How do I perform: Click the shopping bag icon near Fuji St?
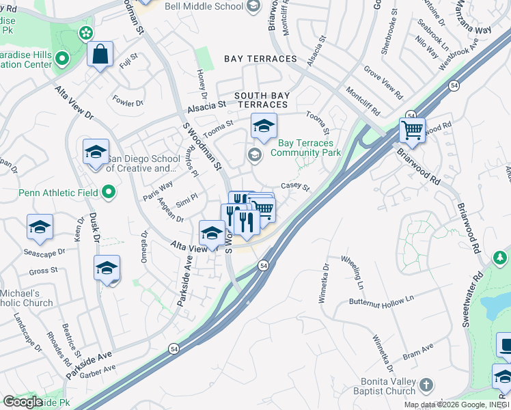coord(100,55)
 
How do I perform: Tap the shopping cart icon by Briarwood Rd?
coord(412,129)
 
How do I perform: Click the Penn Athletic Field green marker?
coord(108,193)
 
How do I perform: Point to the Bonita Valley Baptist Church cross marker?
coord(426,385)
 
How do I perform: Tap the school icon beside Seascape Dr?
coord(40,228)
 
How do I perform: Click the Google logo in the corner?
coord(23,401)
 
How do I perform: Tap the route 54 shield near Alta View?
coord(263,265)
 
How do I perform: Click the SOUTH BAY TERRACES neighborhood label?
coord(261,100)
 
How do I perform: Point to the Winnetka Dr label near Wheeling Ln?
coord(325,281)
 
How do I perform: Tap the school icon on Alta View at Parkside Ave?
coord(212,234)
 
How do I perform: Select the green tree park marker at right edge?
coord(501,258)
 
